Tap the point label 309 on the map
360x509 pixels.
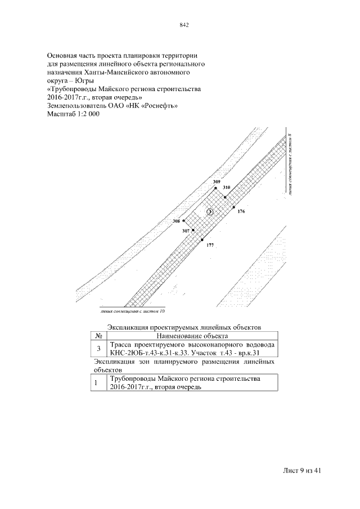pos(217,182)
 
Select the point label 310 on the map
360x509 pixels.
pos(227,187)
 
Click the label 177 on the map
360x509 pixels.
pos(210,245)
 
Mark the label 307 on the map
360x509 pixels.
pos(186,231)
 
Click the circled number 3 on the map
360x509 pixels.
pos(209,212)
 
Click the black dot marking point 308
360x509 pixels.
pos(183,221)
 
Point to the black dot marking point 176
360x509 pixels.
pos(233,208)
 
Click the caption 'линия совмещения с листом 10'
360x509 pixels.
pos(134,310)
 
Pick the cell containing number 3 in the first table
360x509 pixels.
pos(99,348)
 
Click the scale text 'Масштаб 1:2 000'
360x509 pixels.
pos(73,114)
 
